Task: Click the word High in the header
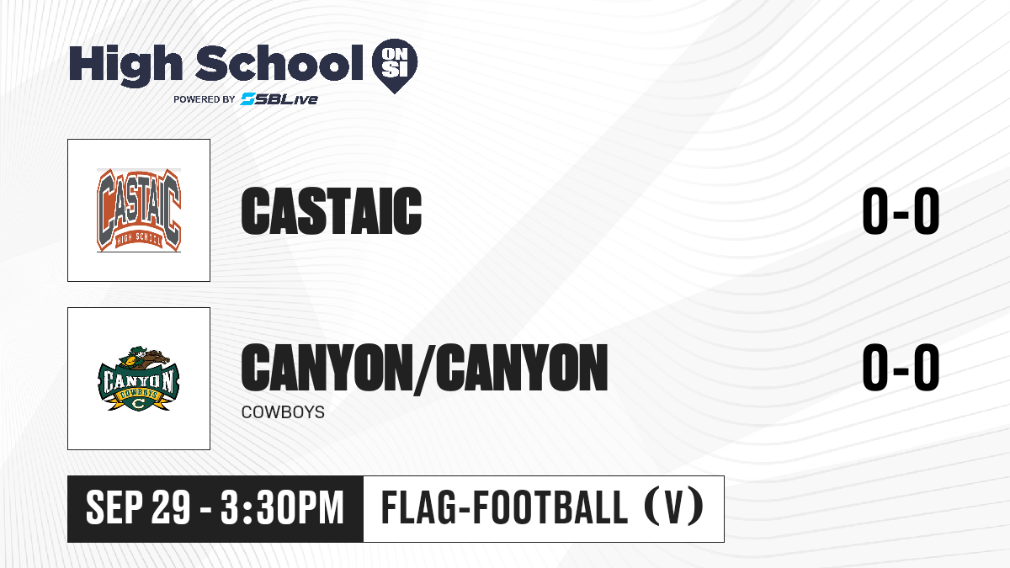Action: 125,65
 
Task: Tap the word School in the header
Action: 279,63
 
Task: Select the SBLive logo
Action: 279,98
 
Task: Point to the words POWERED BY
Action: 205,99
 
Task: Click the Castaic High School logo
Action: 139,210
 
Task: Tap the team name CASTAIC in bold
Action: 332,211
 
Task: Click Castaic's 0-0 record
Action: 901,211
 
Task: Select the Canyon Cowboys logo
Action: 139,379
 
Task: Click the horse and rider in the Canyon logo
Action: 143,358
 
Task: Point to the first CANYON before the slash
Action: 325,367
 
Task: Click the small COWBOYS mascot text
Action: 283,412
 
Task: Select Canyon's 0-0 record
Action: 901,367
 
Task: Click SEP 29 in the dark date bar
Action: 138,507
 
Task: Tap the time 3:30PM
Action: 282,507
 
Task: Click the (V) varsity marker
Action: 674,507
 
